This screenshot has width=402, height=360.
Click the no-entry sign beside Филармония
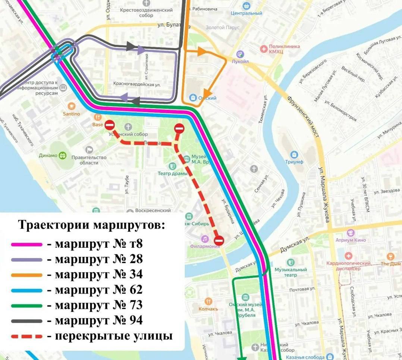[x=219, y=241]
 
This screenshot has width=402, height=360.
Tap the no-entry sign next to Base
[x=110, y=125]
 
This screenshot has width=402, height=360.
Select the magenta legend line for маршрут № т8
[x=26, y=245]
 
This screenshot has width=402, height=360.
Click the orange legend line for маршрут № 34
[x=26, y=275]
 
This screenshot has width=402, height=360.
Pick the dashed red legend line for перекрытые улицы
[x=26, y=336]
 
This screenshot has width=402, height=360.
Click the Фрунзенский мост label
[x=302, y=112]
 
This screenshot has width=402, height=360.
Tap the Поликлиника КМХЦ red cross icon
[x=264, y=49]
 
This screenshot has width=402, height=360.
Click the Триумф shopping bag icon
[x=294, y=154]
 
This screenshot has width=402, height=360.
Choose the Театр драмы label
[x=172, y=173]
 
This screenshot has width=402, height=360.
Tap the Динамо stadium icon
[x=63, y=155]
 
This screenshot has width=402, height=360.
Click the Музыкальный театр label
[x=290, y=272]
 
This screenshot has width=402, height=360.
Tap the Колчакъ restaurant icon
[x=208, y=301]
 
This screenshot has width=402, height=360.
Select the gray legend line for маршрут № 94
[x=26, y=321]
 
